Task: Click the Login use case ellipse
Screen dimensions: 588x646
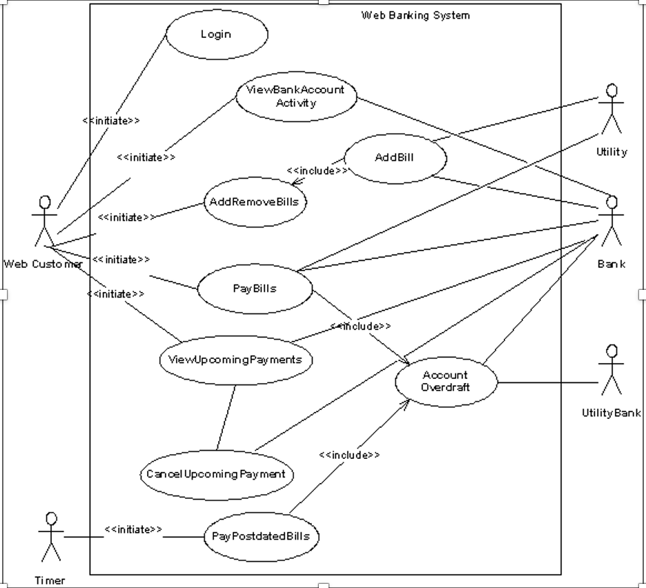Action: pyautogui.click(x=216, y=34)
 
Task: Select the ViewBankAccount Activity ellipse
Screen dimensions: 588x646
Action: pyautogui.click(x=297, y=96)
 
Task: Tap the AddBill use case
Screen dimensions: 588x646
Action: pyautogui.click(x=394, y=157)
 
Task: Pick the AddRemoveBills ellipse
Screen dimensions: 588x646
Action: pyautogui.click(x=255, y=202)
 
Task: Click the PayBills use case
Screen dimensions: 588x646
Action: pyautogui.click(x=254, y=288)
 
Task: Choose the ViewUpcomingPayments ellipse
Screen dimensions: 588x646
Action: pyautogui.click(x=235, y=360)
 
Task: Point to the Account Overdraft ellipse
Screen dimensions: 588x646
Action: pyautogui.click(x=445, y=381)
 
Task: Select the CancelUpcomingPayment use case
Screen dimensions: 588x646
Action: pyautogui.click(x=215, y=474)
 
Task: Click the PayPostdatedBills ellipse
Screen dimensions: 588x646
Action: pyautogui.click(x=261, y=536)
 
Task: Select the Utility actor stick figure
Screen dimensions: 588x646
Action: pyautogui.click(x=611, y=110)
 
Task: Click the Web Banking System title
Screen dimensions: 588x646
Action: pyautogui.click(x=415, y=15)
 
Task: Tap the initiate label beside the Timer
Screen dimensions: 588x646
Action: pyautogui.click(x=133, y=529)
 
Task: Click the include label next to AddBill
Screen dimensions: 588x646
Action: pyautogui.click(x=317, y=170)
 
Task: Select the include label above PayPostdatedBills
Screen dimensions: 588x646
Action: pyautogui.click(x=349, y=455)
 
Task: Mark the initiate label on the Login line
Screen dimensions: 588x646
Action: pyautogui.click(x=111, y=120)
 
